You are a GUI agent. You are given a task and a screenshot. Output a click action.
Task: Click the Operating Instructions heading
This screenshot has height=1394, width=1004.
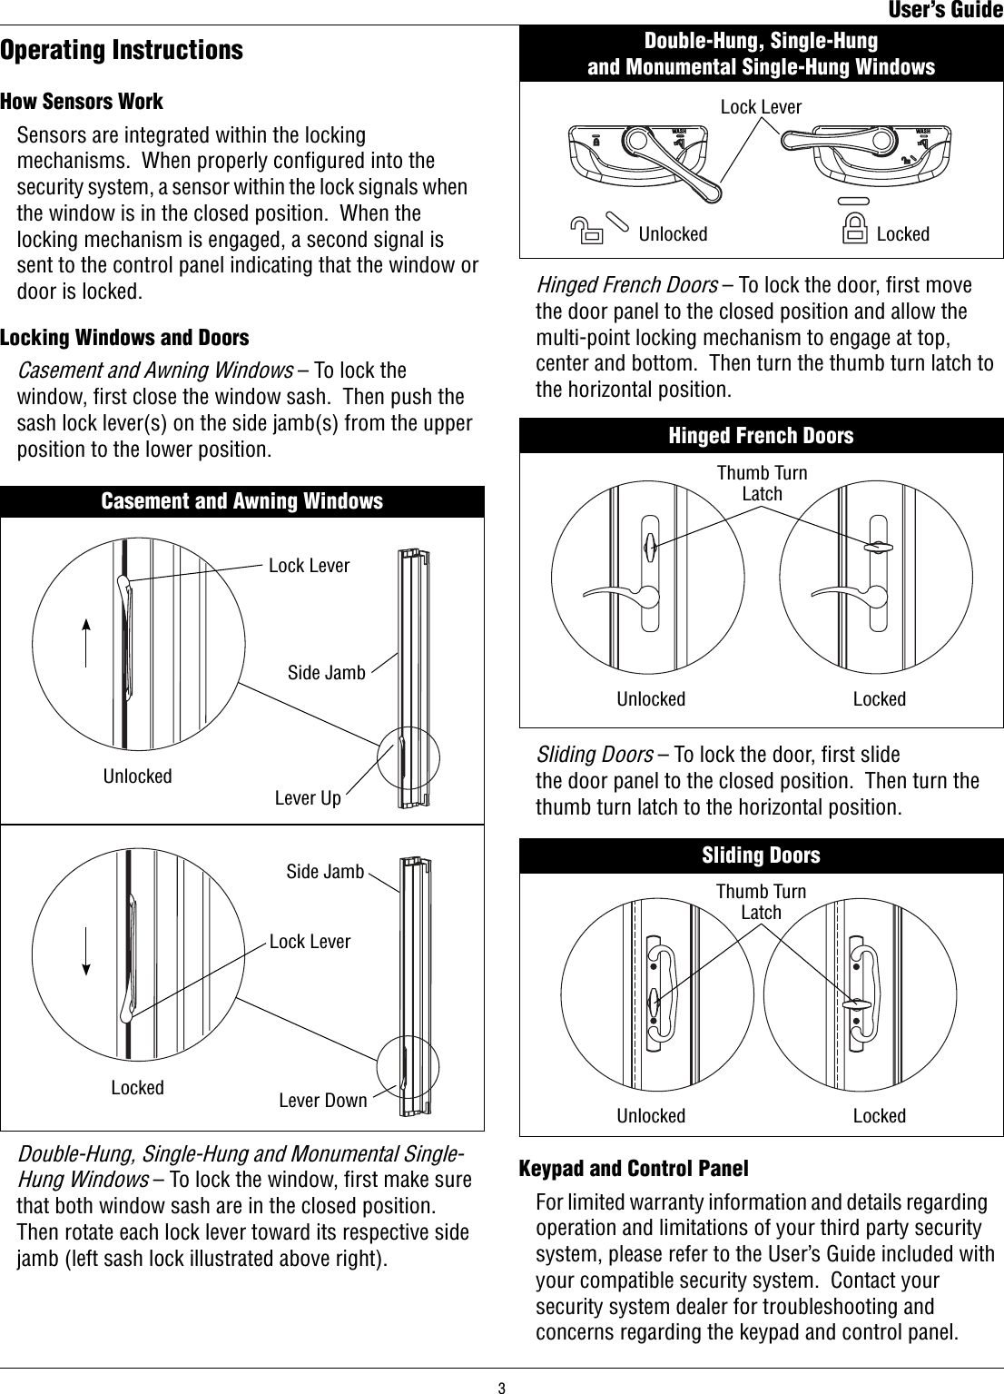click(122, 49)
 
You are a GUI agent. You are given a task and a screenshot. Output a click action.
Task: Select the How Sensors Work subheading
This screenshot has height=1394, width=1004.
click(82, 101)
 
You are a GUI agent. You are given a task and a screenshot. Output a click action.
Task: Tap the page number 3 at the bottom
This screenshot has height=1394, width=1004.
click(500, 1387)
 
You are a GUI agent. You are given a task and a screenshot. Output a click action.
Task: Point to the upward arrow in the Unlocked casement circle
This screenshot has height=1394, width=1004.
click(85, 643)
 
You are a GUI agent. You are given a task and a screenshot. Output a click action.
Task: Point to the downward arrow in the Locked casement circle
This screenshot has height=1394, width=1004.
click(85, 950)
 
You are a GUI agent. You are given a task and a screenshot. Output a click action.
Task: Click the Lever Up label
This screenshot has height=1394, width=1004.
click(308, 798)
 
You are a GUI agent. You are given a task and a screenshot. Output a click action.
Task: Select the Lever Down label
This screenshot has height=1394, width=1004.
click(322, 1101)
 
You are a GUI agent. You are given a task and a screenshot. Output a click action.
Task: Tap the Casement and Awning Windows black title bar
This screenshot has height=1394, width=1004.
click(241, 501)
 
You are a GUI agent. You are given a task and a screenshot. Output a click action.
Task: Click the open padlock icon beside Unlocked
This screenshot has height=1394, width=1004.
click(589, 232)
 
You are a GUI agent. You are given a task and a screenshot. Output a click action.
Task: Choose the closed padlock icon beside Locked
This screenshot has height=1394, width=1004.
click(854, 232)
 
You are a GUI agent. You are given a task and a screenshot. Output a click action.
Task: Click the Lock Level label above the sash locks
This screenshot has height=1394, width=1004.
click(761, 107)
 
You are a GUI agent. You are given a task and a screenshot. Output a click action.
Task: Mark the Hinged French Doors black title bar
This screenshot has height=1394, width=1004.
click(761, 436)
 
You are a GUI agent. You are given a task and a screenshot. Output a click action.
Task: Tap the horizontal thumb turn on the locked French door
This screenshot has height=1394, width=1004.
click(878, 547)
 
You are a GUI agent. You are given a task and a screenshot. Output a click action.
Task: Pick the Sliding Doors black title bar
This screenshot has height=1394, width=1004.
click(761, 855)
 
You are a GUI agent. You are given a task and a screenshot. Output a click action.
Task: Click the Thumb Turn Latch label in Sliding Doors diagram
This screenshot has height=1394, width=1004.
click(761, 902)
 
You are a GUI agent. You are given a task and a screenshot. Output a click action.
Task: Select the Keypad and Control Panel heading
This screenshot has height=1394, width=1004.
click(634, 1167)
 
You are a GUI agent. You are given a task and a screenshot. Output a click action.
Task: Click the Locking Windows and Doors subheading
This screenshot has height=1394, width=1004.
click(124, 337)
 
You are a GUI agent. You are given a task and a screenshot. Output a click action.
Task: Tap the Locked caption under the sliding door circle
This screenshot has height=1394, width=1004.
click(879, 1115)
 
